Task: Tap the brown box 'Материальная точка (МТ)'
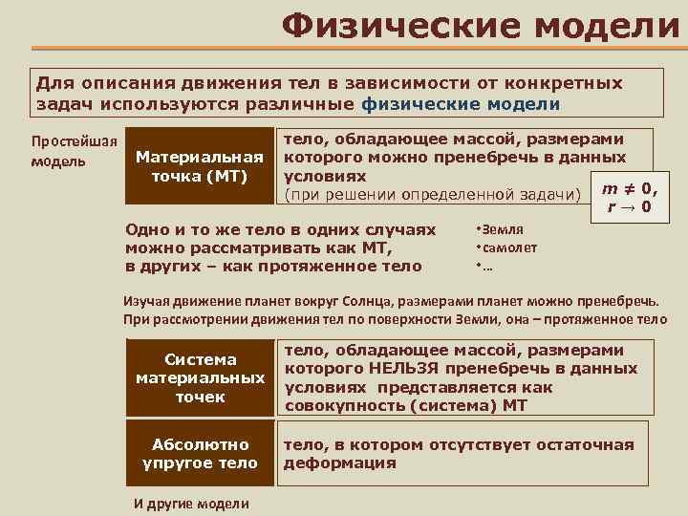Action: click(x=200, y=166)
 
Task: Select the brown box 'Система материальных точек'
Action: click(x=200, y=377)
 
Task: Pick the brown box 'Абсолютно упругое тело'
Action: click(x=200, y=453)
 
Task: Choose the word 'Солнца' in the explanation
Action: click(x=413, y=301)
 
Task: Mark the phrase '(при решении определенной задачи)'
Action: click(x=433, y=195)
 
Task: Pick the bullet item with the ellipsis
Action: click(x=481, y=266)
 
